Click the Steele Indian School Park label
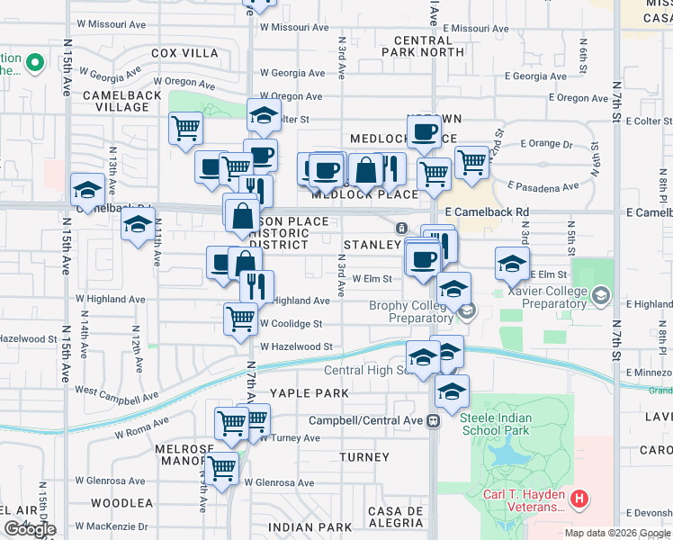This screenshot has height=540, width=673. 507,425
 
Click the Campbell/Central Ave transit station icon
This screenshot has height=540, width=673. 434,420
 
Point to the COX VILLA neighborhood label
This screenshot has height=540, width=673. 184,53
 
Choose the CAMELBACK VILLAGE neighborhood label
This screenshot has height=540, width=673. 121,101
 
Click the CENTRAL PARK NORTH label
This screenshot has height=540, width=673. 429,46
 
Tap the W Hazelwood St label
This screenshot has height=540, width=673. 297,346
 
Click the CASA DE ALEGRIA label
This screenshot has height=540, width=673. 395,517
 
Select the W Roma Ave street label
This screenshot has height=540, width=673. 141,427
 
